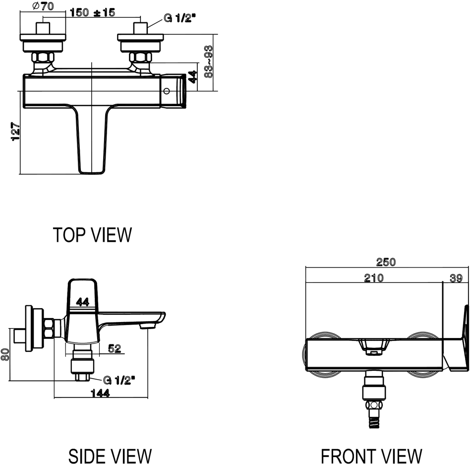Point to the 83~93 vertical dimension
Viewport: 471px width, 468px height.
(x=209, y=62)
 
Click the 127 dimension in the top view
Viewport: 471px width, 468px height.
(x=15, y=132)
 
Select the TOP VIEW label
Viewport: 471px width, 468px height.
(x=92, y=235)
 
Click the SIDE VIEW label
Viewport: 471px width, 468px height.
(x=110, y=455)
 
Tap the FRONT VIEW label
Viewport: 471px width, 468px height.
(x=371, y=455)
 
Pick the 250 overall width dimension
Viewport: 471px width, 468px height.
(x=386, y=262)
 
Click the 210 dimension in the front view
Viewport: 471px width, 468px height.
(x=373, y=278)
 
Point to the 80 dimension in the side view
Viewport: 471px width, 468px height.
(x=4, y=354)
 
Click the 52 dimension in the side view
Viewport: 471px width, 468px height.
(x=115, y=349)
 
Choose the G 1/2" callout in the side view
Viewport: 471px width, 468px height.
(x=119, y=381)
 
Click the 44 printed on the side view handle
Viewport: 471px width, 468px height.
(x=83, y=301)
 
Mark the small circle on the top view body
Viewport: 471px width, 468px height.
(x=167, y=91)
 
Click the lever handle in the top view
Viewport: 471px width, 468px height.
(x=92, y=141)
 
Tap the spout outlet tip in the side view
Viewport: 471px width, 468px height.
(x=146, y=326)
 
